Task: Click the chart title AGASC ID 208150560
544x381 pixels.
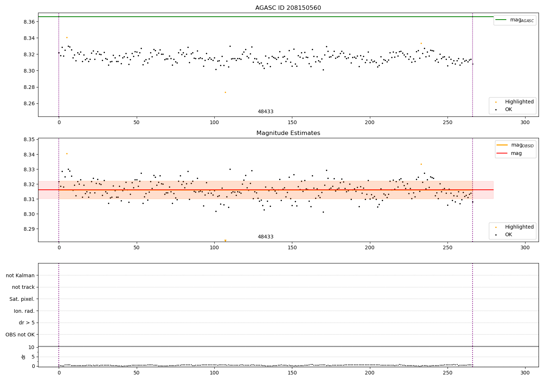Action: coord(288,8)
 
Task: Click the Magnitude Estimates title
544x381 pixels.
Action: coord(288,133)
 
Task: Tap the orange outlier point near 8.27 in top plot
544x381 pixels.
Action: coord(225,92)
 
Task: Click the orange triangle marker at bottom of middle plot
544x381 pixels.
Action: coord(225,241)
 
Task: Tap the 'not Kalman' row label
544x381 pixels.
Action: coord(20,275)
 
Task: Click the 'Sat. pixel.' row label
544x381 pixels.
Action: coord(22,299)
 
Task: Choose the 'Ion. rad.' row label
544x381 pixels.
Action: coord(24,311)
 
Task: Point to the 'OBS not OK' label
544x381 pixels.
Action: coord(20,335)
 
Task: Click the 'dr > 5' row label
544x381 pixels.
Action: coord(27,323)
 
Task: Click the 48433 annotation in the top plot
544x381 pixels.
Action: coord(265,112)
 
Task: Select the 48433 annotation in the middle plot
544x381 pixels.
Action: coord(265,237)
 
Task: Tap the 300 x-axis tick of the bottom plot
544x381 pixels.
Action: coord(525,373)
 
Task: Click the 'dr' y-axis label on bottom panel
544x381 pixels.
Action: coord(24,357)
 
